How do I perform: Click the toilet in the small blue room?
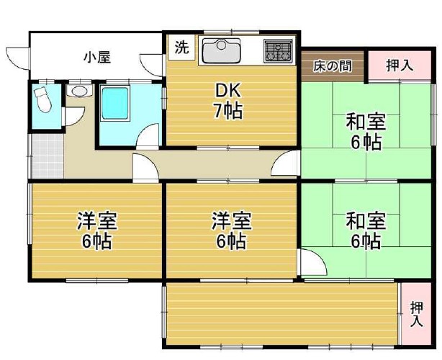point(42,99)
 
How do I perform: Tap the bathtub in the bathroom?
point(115,104)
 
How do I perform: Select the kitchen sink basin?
point(221,50)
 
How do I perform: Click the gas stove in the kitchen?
point(278,50)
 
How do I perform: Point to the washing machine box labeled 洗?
point(181,47)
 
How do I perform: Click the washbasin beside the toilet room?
point(79,91)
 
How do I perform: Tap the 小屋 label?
point(97,57)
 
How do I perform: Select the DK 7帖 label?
point(228,101)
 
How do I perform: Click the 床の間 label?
point(333,66)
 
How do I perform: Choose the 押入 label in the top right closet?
point(399,66)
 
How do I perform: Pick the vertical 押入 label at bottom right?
point(417,314)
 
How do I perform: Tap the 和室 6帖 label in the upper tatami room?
point(366,131)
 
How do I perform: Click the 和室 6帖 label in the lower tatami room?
point(366,231)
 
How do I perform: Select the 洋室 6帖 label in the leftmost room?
point(97,231)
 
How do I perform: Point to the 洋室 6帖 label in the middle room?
point(231,231)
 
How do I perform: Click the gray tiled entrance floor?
point(48,156)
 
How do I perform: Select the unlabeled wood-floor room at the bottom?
point(282,314)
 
